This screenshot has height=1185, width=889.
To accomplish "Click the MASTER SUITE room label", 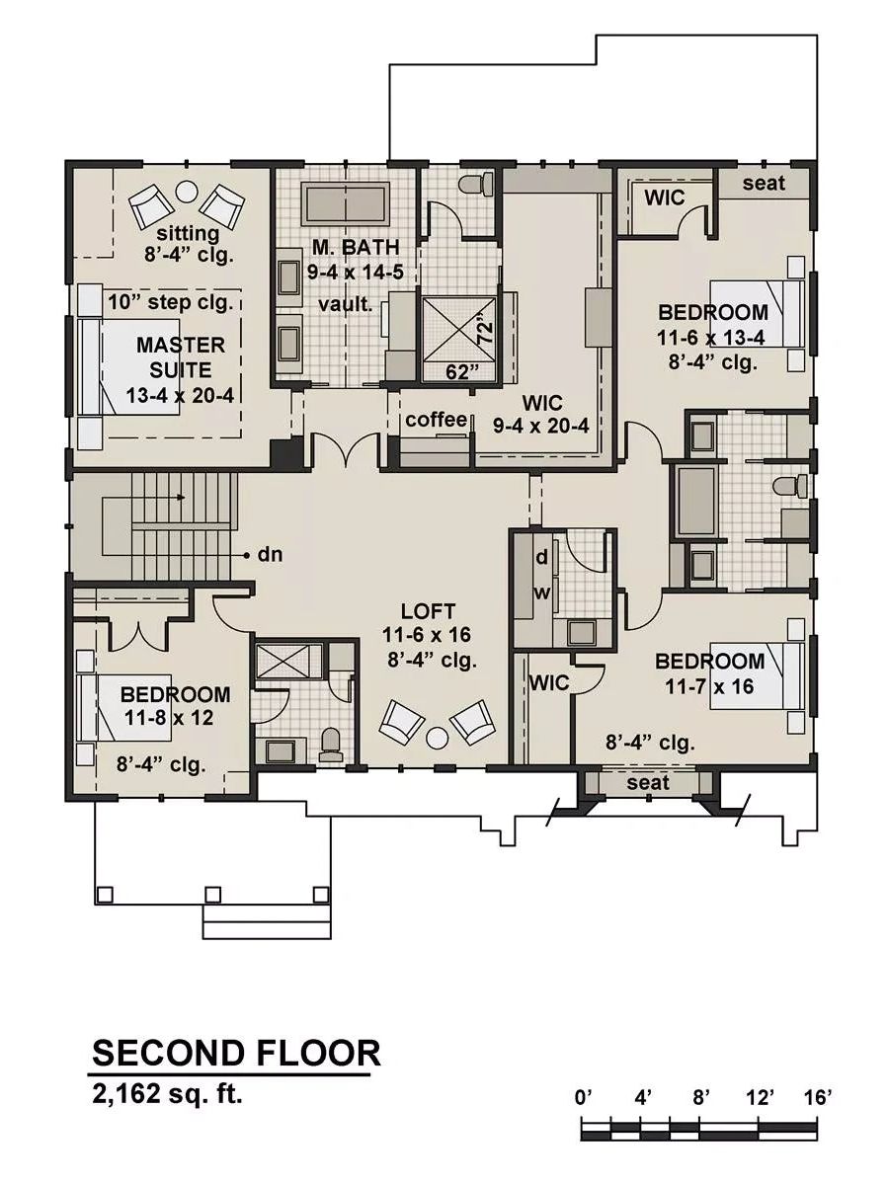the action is pyautogui.click(x=181, y=357).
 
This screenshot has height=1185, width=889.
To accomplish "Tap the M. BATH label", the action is pyautogui.click(x=356, y=247).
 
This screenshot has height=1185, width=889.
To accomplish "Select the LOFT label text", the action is pyautogui.click(x=428, y=611).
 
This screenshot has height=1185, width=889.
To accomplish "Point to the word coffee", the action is pyautogui.click(x=437, y=420).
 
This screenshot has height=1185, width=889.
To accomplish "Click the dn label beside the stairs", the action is pyautogui.click(x=270, y=554).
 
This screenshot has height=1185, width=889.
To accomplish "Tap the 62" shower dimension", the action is pyautogui.click(x=462, y=371).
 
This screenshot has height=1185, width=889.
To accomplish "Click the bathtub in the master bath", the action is pyautogui.click(x=345, y=204).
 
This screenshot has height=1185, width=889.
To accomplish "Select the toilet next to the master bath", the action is pyautogui.click(x=476, y=184).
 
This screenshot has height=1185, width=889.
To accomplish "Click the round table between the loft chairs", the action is pyautogui.click(x=437, y=738).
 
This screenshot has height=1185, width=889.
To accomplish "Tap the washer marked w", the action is pyautogui.click(x=542, y=593).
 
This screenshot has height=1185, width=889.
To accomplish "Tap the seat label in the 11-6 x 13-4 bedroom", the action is pyautogui.click(x=764, y=184).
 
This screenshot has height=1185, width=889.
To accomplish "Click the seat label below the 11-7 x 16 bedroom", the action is pyautogui.click(x=648, y=782).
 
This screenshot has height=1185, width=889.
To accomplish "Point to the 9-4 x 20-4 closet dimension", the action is pyautogui.click(x=541, y=426).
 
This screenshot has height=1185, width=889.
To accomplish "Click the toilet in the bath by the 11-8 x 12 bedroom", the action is pyautogui.click(x=330, y=746).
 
